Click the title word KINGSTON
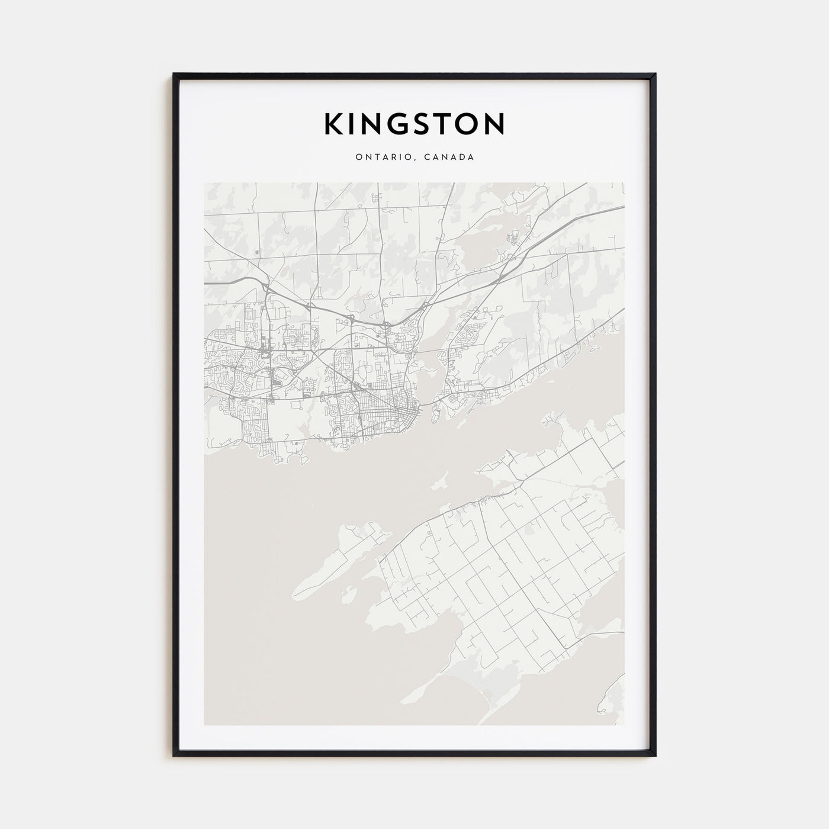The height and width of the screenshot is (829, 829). point(414,124)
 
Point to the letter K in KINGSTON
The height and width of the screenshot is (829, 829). point(333,124)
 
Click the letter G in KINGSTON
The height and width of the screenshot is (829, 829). point(396,124)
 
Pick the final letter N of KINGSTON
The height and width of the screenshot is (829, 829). point(494,124)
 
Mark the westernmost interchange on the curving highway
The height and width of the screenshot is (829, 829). point(266,288)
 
